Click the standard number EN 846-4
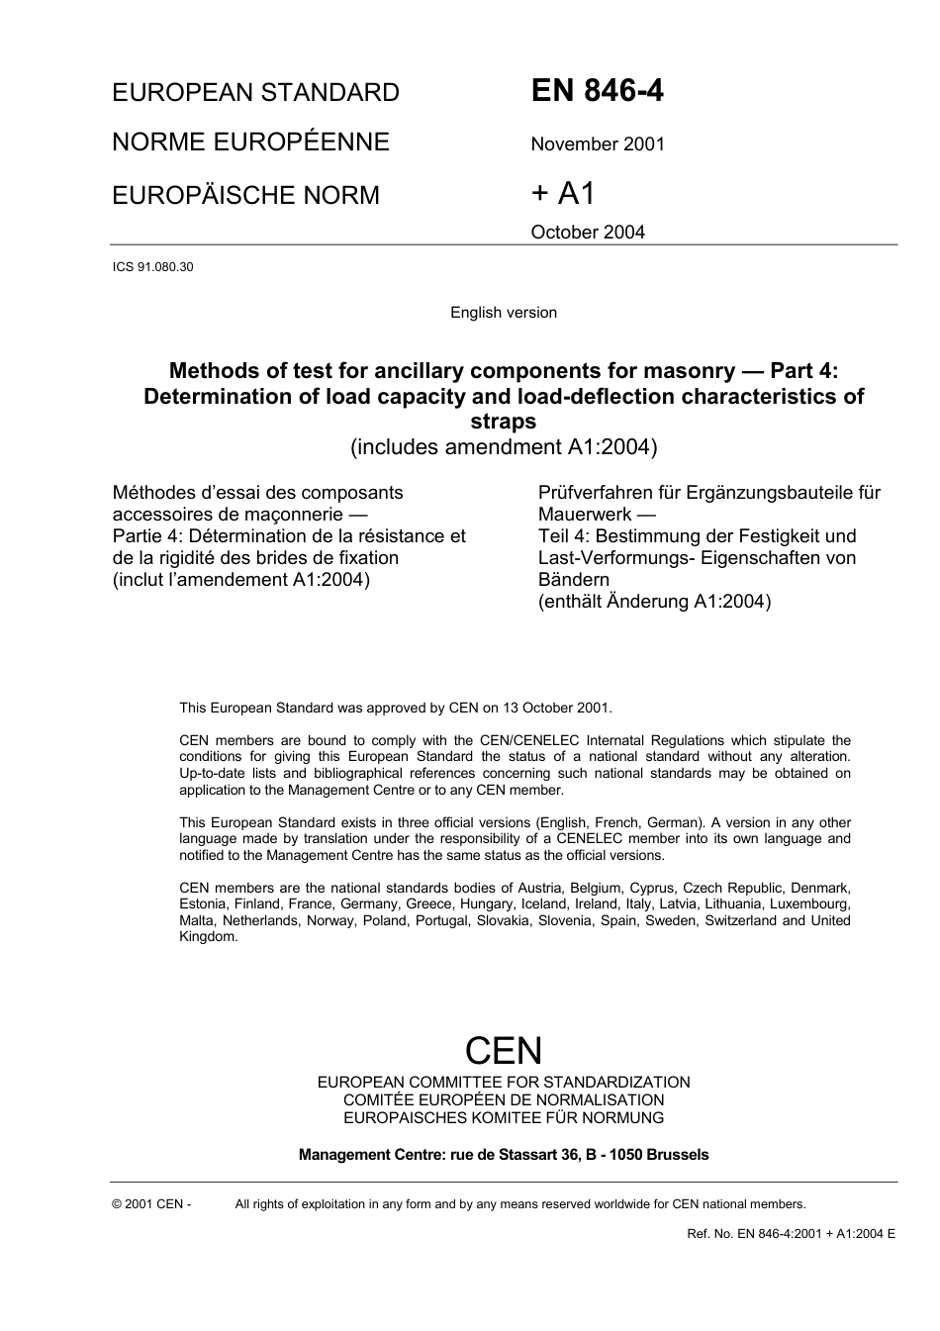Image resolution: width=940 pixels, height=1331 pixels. point(597,91)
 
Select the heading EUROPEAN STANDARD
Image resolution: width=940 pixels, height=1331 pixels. point(255,93)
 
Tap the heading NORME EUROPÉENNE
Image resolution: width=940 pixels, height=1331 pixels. point(250,143)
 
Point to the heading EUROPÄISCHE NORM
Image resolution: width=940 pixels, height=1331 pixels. point(245,195)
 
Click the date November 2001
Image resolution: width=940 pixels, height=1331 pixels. point(598,144)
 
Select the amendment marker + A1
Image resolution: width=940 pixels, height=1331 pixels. point(563,193)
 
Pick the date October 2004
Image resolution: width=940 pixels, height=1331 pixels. point(588,233)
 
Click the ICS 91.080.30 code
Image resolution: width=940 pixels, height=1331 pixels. point(152,267)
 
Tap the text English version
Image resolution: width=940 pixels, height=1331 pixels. point(504,313)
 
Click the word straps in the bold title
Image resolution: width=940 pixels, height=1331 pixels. point(504,422)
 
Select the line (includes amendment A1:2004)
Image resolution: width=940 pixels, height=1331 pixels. point(504,447)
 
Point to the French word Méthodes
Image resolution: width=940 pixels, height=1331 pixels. point(154,493)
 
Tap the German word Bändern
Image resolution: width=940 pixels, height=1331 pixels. point(574,580)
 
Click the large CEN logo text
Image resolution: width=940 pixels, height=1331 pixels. point(504,1050)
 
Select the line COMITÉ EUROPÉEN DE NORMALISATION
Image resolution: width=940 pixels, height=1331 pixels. point(504,1100)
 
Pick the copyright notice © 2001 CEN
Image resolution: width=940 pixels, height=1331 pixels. point(151,1204)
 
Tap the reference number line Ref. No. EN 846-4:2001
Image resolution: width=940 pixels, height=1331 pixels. point(791,1234)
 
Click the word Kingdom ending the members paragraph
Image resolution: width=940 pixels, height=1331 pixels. point(208,937)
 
